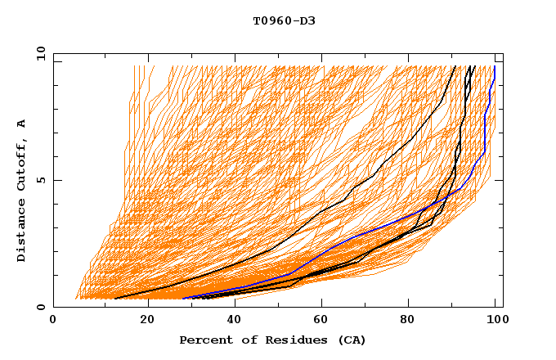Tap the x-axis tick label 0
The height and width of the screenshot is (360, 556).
53,321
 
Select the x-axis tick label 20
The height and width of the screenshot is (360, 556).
148,321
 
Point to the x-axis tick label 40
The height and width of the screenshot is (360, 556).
236,321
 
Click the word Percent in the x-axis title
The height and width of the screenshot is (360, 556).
204,340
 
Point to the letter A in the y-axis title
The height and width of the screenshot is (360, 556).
21,124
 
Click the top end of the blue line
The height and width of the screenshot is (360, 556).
494,66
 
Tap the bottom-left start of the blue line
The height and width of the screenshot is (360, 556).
182,299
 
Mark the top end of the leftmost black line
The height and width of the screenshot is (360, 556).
455,66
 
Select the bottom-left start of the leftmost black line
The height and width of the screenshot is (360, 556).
114,299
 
